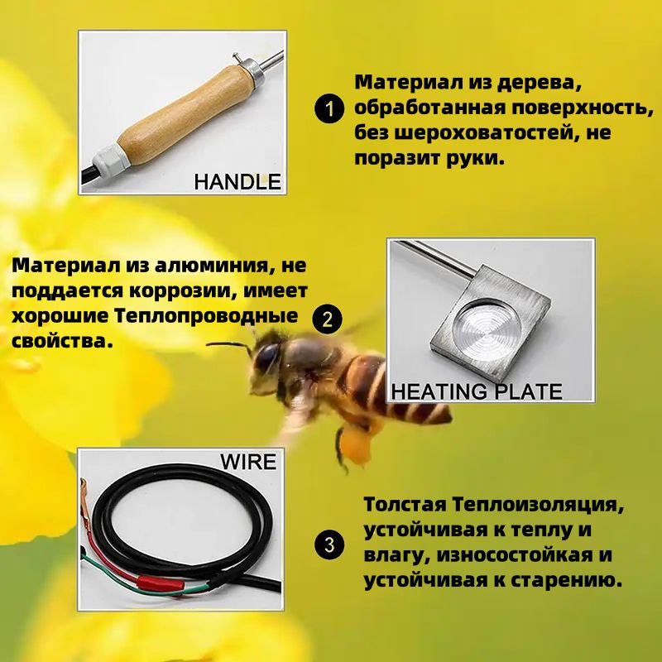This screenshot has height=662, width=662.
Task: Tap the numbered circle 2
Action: pyautogui.click(x=329, y=319)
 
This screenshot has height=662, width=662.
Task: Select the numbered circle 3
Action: pyautogui.click(x=329, y=544)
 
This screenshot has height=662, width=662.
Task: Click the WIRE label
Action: pyautogui.click(x=248, y=461)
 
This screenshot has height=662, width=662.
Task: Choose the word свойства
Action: pyautogui.click(x=60, y=340)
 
